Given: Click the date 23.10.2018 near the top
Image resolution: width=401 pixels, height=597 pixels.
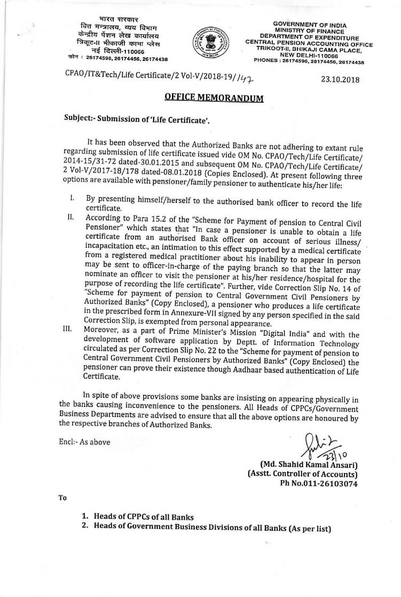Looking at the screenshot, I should pyautogui.click(x=341, y=79).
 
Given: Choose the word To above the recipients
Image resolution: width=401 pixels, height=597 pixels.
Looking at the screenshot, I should pyautogui.click(x=62, y=498).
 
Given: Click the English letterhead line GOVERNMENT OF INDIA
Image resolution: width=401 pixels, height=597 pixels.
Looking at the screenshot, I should pyautogui.click(x=309, y=25).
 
